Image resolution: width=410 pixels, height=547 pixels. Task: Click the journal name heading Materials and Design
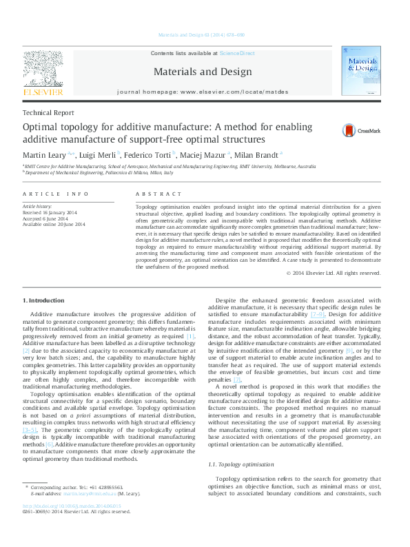click(x=202, y=71)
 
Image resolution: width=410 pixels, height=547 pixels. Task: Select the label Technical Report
click(x=48, y=113)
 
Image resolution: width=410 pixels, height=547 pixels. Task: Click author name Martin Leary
click(x=48, y=155)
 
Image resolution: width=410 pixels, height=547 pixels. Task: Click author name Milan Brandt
click(x=256, y=155)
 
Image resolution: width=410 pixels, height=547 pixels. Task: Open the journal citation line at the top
click(x=202, y=34)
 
